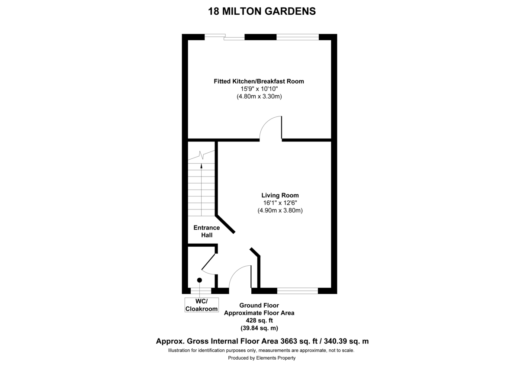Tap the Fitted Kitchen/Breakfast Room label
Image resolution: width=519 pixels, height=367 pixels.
[x=259, y=81]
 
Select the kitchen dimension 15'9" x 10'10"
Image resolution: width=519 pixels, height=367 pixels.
[x=259, y=89]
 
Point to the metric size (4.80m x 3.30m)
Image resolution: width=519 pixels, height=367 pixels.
[x=259, y=97]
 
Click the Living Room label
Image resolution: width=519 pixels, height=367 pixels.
[x=280, y=195]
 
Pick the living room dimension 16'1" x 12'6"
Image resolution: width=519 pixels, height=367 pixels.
[x=280, y=203]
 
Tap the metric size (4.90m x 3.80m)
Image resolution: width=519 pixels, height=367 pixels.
[x=280, y=211]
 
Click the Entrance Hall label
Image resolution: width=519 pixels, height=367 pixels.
[x=206, y=231]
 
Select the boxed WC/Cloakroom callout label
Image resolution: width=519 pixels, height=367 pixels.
[x=202, y=305]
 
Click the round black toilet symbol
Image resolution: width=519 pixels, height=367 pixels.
[x=199, y=280]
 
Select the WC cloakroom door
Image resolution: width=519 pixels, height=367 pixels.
[x=208, y=262]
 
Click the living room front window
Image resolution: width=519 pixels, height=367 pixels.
[x=297, y=290]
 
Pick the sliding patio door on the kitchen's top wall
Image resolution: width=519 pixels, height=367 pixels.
[x=225, y=38]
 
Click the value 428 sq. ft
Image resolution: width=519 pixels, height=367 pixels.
[x=259, y=320]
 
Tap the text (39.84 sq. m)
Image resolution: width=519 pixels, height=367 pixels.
[x=259, y=328]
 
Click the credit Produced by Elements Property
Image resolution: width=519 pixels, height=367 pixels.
[x=262, y=358]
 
